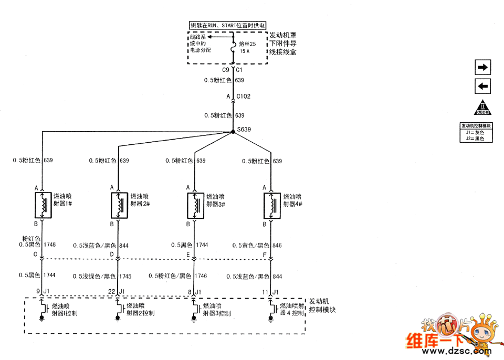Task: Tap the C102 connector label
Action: coord(243,97)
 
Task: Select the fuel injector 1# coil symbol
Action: coord(43,205)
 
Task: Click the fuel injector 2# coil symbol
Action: coord(119,205)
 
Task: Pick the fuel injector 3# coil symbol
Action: coord(195,205)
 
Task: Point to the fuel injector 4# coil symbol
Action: coord(271,205)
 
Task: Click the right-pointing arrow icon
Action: coord(482,67)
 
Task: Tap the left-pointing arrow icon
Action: coord(482,86)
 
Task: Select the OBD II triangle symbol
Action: coord(482,107)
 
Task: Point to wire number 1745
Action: coord(125,276)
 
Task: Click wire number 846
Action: coord(277,245)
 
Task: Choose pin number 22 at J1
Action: coord(112,292)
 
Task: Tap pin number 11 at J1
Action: coord(265,292)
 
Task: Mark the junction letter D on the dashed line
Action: coord(112,255)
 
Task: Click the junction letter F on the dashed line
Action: coord(264,255)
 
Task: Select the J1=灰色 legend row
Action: coord(476,133)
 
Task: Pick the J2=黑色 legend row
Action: coord(476,139)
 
